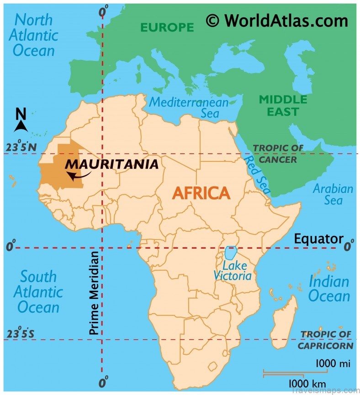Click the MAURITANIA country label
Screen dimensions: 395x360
coord(112,164)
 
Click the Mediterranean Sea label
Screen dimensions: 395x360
coord(189,107)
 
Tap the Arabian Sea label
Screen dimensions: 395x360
coord(333,194)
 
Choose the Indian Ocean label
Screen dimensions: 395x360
coord(328,288)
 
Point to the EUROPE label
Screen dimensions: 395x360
coord(167,27)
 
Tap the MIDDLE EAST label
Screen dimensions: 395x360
coord(283,106)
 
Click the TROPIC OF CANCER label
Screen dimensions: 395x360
coord(278,154)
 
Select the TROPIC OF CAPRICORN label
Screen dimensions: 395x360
coord(325,340)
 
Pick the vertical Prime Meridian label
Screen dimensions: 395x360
coord(95,293)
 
